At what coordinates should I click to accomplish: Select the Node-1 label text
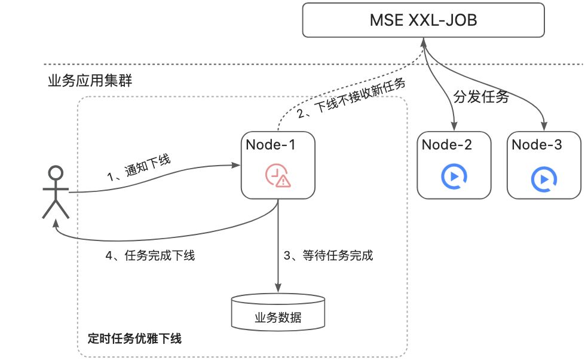(271, 145)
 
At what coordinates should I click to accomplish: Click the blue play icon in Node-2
(454, 176)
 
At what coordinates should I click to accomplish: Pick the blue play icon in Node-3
(544, 178)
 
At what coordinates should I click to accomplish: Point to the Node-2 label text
(446, 145)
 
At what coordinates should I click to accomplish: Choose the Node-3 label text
(536, 145)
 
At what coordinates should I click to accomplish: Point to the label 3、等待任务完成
(328, 256)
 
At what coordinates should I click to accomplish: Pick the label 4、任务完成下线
(150, 256)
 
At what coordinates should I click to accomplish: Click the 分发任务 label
(481, 98)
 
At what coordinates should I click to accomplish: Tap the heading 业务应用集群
(90, 82)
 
